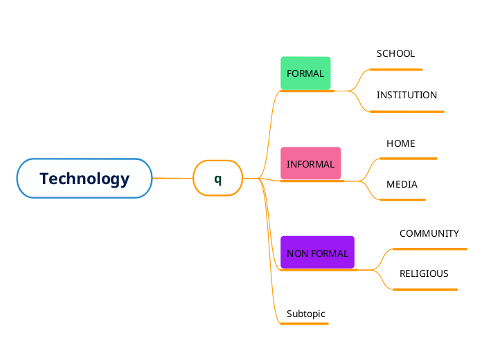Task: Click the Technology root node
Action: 84,179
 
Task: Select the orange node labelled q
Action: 217,179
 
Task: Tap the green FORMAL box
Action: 305,73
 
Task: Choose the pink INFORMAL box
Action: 310,164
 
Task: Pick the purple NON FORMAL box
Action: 317,253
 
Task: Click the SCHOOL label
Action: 395,53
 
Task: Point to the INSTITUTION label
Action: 407,95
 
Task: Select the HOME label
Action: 400,143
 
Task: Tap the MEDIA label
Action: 402,184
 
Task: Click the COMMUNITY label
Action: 429,233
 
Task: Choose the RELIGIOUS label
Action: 424,273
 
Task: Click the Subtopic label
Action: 305,314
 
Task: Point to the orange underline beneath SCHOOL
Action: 396,69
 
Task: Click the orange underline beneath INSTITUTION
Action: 407,111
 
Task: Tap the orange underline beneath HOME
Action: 409,159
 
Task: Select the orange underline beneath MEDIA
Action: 402,199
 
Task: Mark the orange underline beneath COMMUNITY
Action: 430,249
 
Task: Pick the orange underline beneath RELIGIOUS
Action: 425,289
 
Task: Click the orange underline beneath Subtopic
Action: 305,323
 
